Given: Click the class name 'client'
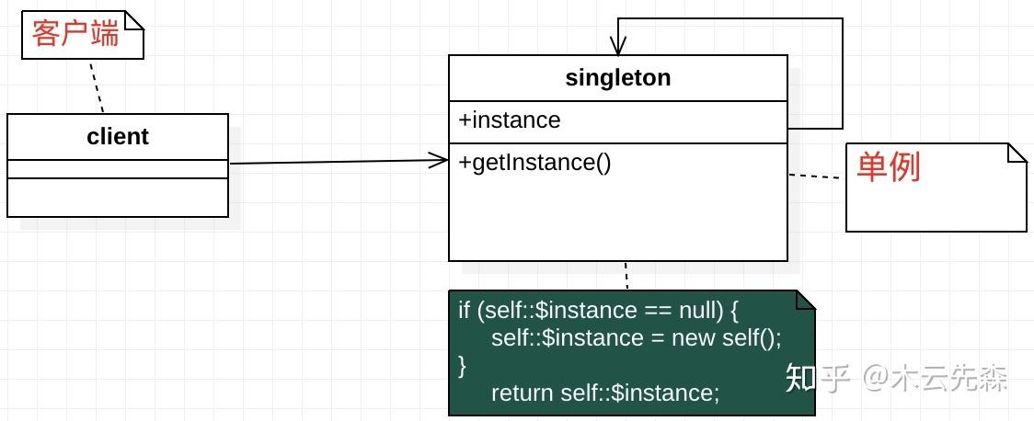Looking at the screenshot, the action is [118, 136].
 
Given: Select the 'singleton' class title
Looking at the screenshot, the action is [618, 78].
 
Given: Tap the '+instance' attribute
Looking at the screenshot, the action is [509, 119].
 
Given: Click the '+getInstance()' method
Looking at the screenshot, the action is [534, 162].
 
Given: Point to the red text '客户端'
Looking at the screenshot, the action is [75, 34].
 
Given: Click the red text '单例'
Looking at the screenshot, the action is [889, 166].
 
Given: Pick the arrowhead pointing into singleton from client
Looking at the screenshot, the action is [439, 160].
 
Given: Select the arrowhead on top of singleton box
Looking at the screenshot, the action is [618, 46].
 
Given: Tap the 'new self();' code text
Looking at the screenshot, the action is [726, 338].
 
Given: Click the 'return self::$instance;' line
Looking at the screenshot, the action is [605, 393].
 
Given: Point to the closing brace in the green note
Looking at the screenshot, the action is [463, 366].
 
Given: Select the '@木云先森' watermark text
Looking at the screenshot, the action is [937, 379].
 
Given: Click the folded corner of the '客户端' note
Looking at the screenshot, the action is [134, 20].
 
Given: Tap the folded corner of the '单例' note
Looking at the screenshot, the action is [1017, 153].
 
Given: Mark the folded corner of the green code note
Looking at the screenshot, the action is [806, 300].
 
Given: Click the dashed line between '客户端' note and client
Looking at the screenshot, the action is [97, 86].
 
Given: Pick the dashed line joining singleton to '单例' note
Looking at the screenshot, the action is [817, 176].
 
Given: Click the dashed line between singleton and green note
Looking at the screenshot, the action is [626, 276].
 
